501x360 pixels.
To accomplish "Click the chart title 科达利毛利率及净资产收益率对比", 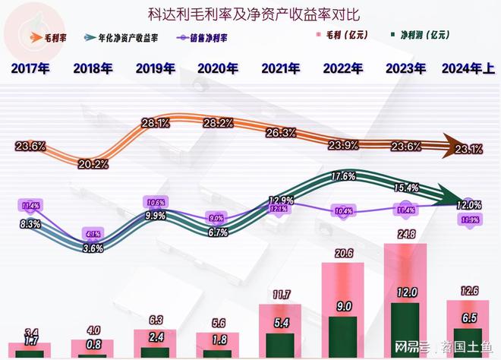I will (250, 13).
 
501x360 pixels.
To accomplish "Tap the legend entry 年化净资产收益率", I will (129, 36).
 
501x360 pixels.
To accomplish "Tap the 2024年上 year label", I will (468, 68).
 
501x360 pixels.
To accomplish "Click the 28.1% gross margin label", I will (156, 123).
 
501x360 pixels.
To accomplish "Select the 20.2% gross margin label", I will (93, 163).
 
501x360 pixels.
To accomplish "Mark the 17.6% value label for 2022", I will (344, 176).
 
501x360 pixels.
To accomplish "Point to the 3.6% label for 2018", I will (93, 248).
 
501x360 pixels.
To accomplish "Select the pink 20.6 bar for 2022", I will (344, 289).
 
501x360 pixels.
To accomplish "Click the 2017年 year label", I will (30, 68).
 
